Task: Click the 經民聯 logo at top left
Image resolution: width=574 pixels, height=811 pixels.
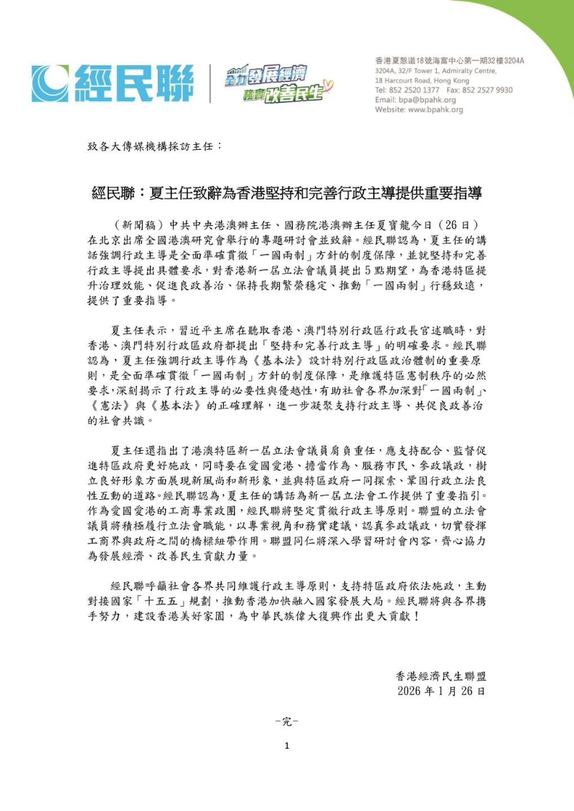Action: [112, 83]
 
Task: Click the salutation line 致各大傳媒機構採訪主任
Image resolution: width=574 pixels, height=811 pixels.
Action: [154, 146]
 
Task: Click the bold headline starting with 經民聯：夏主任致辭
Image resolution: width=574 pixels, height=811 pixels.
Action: [286, 194]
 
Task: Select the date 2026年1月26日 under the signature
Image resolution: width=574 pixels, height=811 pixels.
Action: [441, 692]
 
